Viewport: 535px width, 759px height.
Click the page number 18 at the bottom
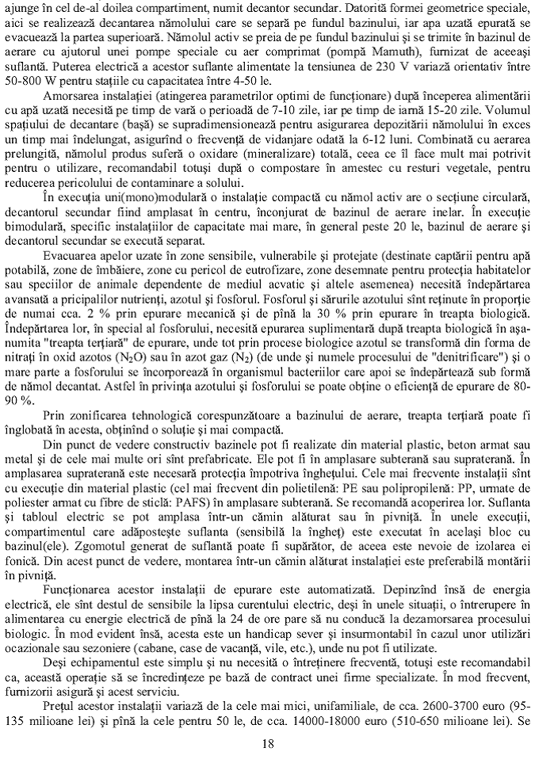267,742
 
